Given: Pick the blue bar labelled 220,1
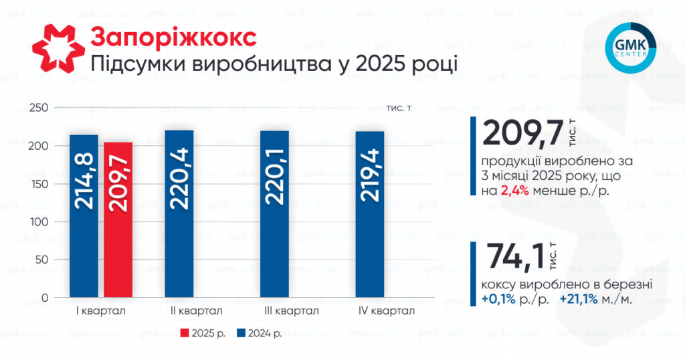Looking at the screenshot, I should (274, 213).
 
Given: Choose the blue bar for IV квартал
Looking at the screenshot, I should (369, 213).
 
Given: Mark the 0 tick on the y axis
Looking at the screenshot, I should (44, 297).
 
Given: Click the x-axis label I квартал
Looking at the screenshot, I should (101, 311).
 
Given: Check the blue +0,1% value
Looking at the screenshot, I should (498, 299).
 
